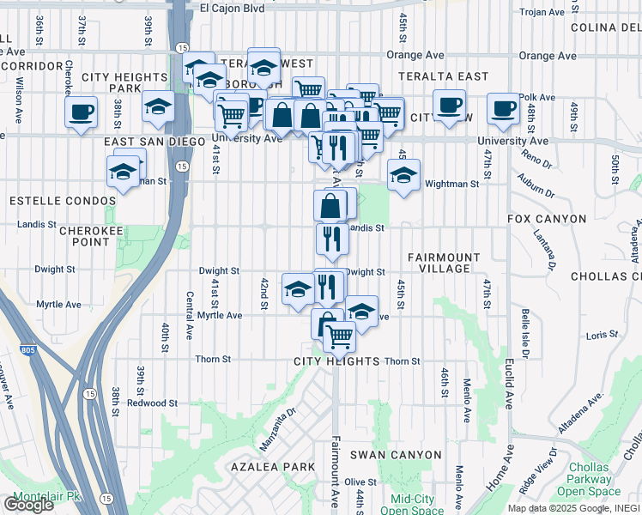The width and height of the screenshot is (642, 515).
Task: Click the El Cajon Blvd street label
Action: [232, 8]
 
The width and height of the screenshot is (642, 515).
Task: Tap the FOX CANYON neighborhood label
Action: [545, 219]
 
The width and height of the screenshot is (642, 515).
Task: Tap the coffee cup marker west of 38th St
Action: [82, 112]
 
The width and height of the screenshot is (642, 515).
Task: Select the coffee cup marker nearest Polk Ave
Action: [503, 109]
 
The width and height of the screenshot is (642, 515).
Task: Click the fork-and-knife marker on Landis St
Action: [331, 238]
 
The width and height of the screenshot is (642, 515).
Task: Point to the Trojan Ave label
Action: [544, 13]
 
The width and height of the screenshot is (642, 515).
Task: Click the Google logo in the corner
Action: [28, 505]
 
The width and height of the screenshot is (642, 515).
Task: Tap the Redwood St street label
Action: [152, 403]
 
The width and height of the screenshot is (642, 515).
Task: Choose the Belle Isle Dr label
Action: [523, 336]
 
